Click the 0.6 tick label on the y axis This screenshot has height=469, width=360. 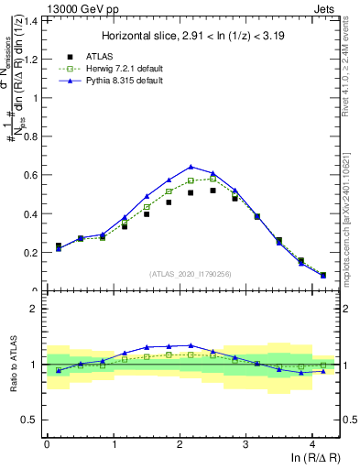pyautogui.click(x=29, y=175)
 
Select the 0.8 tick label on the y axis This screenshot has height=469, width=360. pyautogui.click(x=29, y=136)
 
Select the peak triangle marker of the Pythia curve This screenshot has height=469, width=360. pyautogui.click(x=191, y=167)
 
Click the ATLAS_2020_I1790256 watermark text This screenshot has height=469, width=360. pyautogui.click(x=191, y=274)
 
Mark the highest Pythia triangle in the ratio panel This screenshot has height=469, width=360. pyautogui.click(x=191, y=345)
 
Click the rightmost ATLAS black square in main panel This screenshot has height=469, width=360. pyautogui.click(x=323, y=275)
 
